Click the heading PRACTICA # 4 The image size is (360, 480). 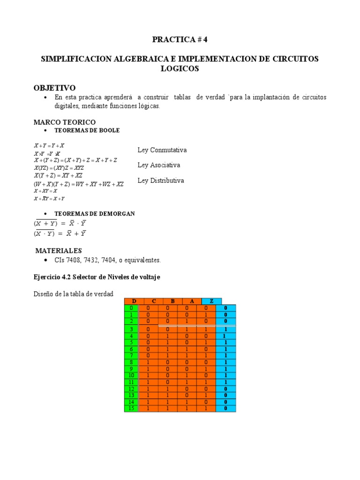[x=180, y=39]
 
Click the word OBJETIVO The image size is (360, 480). [x=54, y=88]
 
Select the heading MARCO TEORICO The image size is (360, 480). [x=64, y=122]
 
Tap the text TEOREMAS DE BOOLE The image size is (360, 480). [x=87, y=130]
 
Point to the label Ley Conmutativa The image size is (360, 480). [x=162, y=150]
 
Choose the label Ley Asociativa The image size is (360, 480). [x=158, y=165]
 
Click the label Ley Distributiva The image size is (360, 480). [x=160, y=180]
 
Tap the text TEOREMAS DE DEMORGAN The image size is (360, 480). [x=94, y=213]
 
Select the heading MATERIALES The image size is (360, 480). [x=59, y=250]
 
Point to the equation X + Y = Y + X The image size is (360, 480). [x=49, y=146]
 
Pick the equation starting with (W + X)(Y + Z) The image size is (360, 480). [x=78, y=184]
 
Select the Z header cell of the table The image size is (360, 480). [x=211, y=300]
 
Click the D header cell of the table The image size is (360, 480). [x=134, y=300]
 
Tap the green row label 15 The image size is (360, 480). [x=131, y=408]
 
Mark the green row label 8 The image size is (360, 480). [x=131, y=362]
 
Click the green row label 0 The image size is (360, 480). [x=131, y=307]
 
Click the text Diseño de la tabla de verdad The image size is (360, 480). [x=73, y=294]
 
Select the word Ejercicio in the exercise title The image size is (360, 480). [x=47, y=277]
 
